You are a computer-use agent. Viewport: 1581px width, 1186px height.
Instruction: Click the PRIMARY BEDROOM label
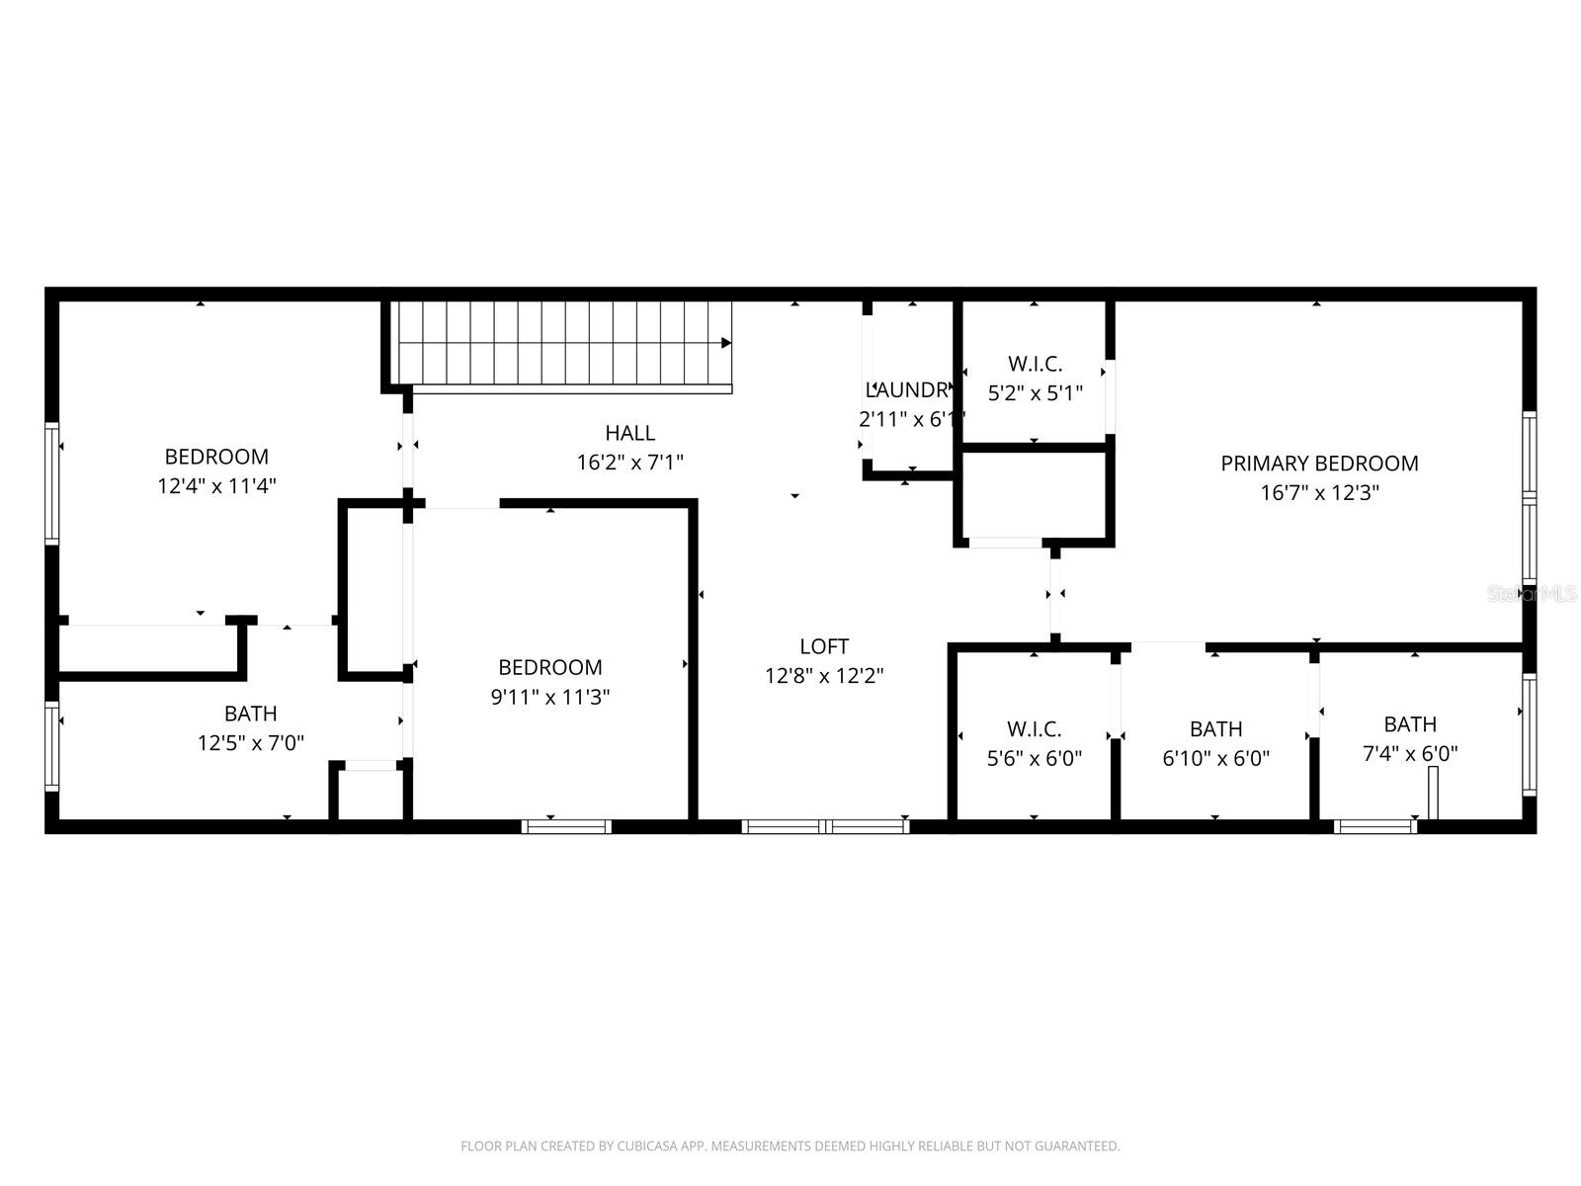coord(1319,463)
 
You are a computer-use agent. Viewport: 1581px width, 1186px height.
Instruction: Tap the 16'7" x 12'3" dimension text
coord(1319,492)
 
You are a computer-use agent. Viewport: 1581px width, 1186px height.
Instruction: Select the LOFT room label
coord(824,646)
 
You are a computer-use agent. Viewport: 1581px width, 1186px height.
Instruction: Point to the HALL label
coord(630,433)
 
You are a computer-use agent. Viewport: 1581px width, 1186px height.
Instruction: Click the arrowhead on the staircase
coord(726,343)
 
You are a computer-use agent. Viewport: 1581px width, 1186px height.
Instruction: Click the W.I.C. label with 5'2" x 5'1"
coord(1035,364)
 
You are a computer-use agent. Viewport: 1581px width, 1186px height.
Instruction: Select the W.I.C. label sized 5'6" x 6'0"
coord(1035,729)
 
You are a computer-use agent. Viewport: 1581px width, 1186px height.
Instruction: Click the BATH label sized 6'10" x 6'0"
coord(1215,729)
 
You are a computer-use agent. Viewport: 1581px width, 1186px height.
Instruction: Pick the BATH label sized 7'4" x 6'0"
coord(1410,724)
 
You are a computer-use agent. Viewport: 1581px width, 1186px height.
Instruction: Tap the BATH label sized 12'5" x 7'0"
coord(251,714)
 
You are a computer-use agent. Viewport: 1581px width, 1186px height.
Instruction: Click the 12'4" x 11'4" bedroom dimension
coord(216,486)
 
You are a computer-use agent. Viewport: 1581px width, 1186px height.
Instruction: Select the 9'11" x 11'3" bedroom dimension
coord(550,697)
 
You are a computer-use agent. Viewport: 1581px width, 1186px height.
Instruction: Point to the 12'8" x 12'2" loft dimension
coord(824,676)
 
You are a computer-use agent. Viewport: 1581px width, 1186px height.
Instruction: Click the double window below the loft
coord(825,826)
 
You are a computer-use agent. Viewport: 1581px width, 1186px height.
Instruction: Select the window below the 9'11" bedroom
coord(566,826)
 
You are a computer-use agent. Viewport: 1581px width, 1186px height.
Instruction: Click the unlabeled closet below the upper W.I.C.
coord(1034,495)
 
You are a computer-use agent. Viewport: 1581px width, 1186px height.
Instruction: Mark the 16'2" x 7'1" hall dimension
coord(630,462)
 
